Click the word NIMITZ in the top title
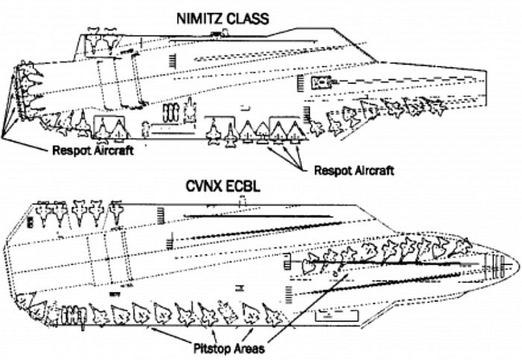[199, 19]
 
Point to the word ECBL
[240, 186]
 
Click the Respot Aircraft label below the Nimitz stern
[93, 151]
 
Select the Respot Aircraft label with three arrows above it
[354, 171]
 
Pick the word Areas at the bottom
[249, 349]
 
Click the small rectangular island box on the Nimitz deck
[321, 83]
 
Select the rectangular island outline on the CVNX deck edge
[336, 315]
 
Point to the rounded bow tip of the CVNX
[518, 265]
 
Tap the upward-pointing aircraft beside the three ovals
[190, 110]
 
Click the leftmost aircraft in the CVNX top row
[44, 213]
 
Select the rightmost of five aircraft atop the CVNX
[116, 212]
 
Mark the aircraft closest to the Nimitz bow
[437, 106]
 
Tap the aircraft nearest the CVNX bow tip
[461, 247]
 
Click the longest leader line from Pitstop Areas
[307, 308]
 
